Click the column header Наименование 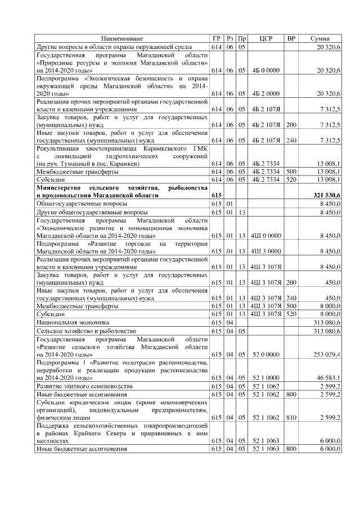pos(122,38)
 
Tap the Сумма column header pos(320,38)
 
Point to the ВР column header pos(291,38)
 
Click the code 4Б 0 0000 pos(265,70)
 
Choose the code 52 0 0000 pos(265,355)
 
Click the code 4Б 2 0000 pos(265,93)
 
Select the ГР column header pos(217,38)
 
